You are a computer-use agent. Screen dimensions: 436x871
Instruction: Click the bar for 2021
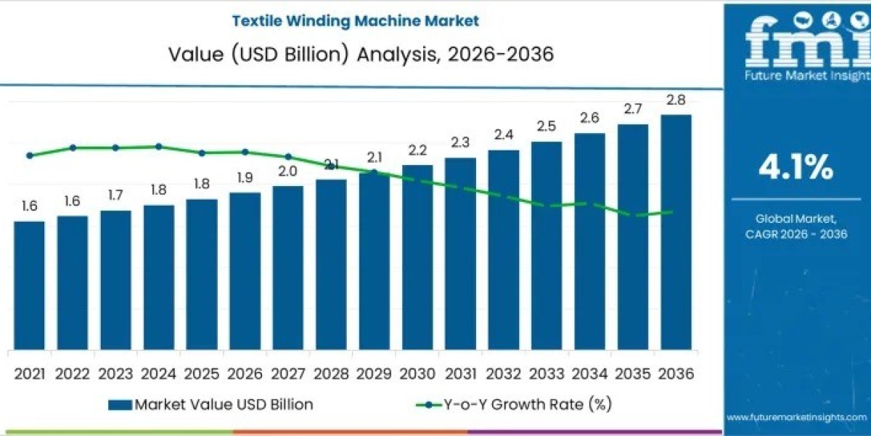tap(29, 285)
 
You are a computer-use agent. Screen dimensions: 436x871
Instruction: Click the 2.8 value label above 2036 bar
tap(676, 100)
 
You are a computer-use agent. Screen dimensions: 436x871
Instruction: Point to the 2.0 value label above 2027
tap(288, 171)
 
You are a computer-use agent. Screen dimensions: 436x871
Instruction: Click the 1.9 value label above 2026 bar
tap(245, 177)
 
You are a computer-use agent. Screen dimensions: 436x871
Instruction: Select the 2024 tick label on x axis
tap(158, 374)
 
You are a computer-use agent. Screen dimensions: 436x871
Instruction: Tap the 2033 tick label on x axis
tap(547, 374)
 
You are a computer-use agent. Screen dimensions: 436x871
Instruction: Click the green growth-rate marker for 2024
tap(158, 146)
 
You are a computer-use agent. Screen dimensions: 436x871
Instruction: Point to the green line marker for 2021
tap(29, 156)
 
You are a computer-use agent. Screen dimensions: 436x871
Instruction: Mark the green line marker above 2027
tap(288, 156)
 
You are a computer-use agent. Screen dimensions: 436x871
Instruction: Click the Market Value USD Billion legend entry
tap(210, 405)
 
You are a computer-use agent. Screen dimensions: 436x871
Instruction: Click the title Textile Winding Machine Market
tap(355, 21)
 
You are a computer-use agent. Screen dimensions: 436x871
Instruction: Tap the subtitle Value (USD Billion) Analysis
tap(355, 54)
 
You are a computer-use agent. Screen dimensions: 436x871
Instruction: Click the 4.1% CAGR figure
tap(796, 169)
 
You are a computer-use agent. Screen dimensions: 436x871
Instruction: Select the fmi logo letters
tap(796, 44)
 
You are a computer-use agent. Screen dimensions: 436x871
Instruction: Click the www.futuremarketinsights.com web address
tap(796, 417)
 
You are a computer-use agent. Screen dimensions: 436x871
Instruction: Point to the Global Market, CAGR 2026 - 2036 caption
tap(796, 226)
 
